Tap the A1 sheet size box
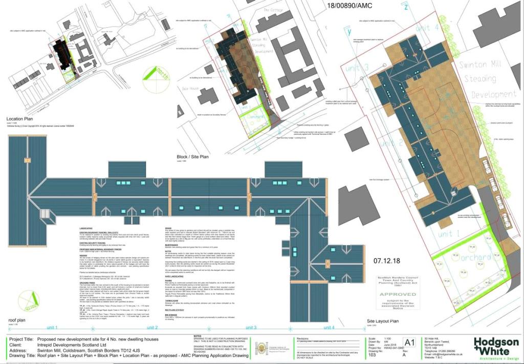click(409, 342)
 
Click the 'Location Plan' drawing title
click(20, 117)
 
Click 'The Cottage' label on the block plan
click(273, 10)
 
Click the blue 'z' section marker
click(406, 7)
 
